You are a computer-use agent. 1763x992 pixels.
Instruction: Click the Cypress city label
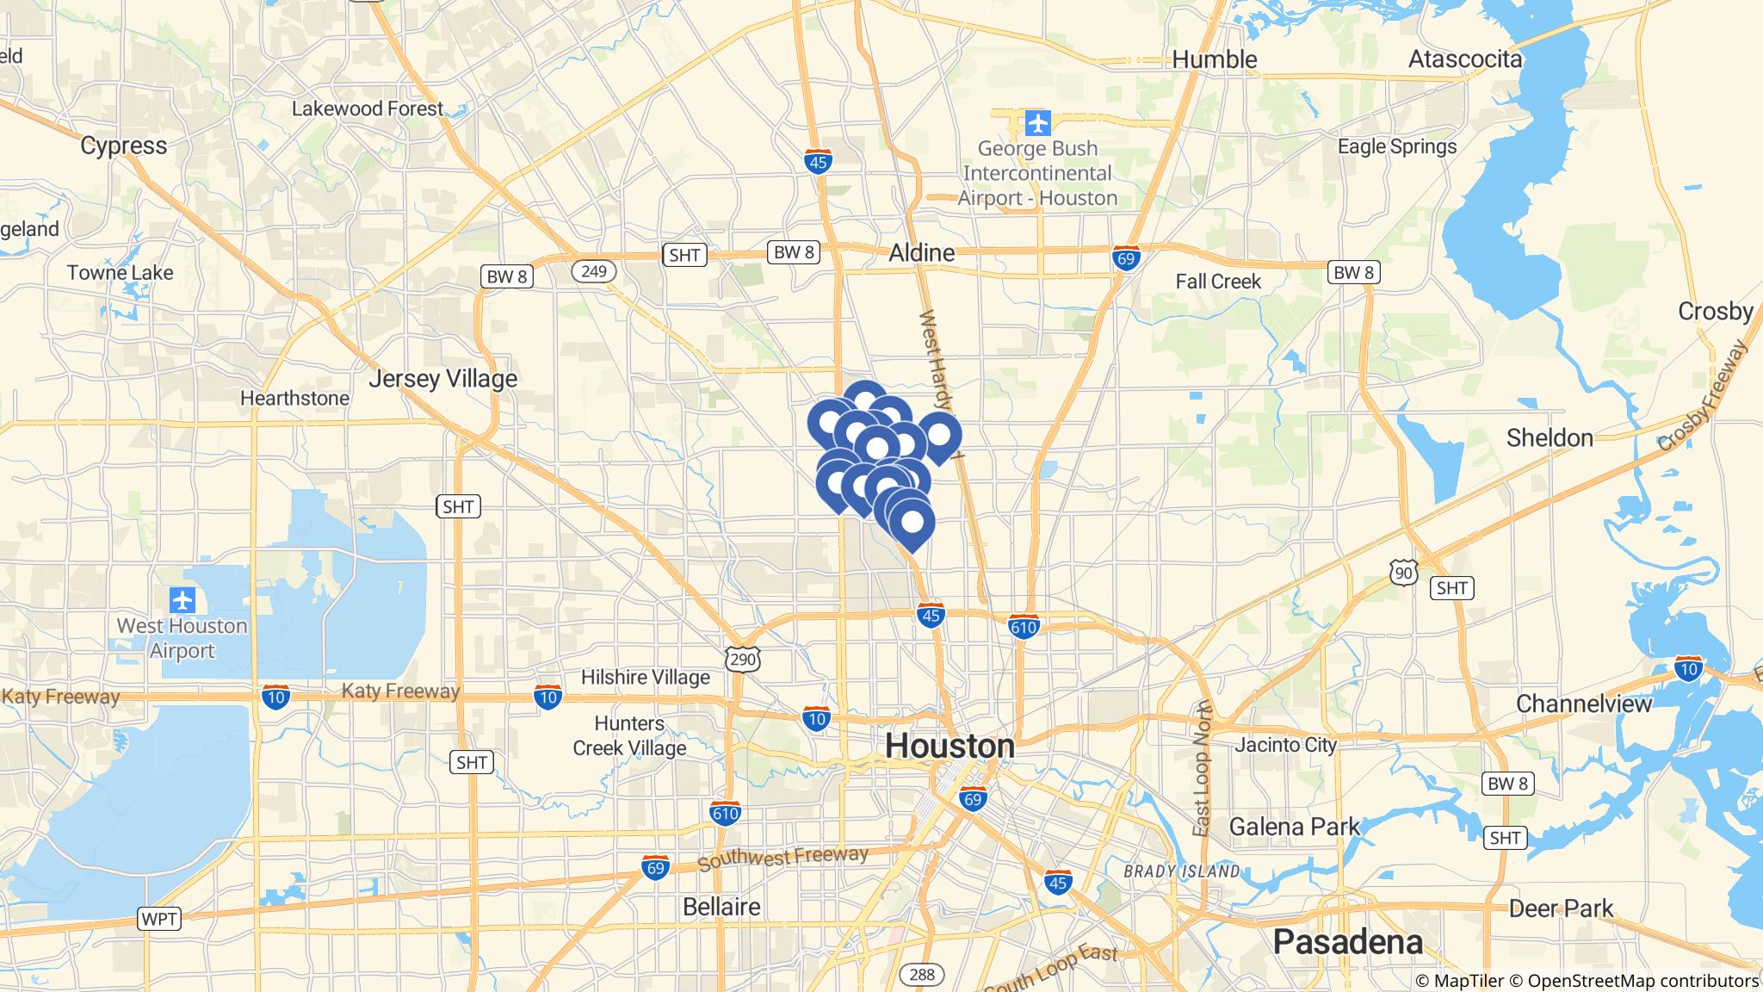coord(124,146)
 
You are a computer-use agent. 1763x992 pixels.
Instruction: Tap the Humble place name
coord(1215,59)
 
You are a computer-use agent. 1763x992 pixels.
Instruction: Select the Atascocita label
coord(1465,59)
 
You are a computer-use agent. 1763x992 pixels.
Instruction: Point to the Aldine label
coord(921,253)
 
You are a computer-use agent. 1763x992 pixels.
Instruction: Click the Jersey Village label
coord(443,379)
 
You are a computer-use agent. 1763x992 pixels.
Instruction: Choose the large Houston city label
coord(950,747)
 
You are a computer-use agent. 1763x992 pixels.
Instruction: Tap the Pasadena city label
coord(1347,942)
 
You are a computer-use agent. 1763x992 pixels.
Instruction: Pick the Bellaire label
coord(721,907)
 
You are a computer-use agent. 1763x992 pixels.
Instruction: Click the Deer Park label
coord(1561,908)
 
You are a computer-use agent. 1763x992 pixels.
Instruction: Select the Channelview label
coord(1584,704)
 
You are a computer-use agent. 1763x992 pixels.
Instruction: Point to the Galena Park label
coord(1295,828)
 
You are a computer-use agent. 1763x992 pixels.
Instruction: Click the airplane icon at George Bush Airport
coord(1038,123)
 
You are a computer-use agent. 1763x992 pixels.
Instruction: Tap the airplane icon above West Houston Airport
coord(182,599)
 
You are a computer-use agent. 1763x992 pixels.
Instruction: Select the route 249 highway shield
coord(593,272)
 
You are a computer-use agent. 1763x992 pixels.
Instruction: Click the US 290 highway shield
coord(742,660)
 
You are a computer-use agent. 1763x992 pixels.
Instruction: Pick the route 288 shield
coord(921,975)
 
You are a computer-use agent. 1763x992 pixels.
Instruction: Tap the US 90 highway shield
coord(1402,571)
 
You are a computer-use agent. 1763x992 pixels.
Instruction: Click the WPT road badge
coord(159,919)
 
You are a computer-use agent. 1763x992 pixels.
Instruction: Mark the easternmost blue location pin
coord(939,434)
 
